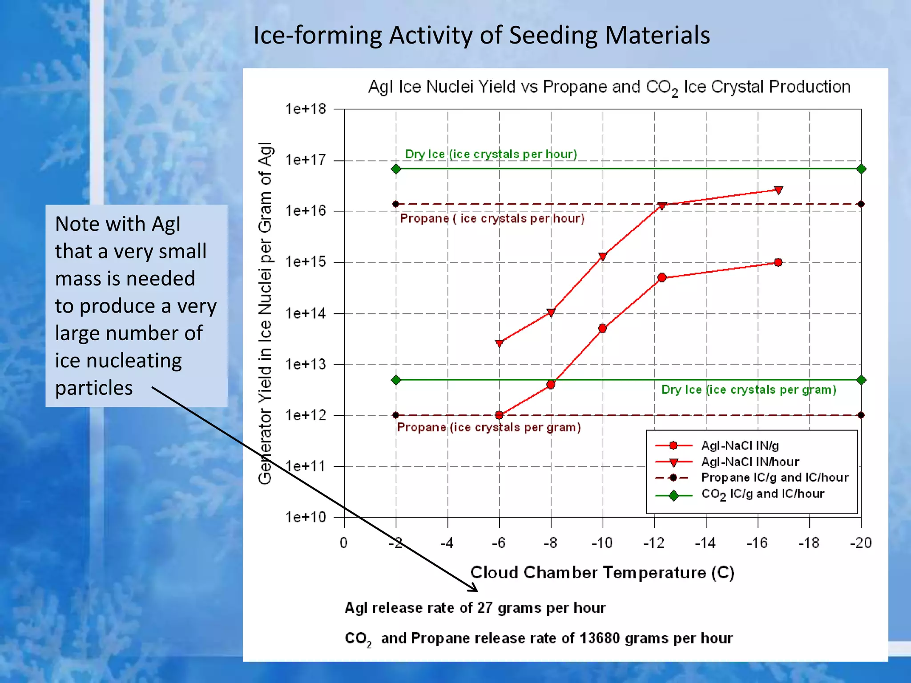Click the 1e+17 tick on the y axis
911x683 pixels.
tap(306, 160)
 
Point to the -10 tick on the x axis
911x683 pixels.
tap(602, 543)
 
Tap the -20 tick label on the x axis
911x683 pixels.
tap(861, 543)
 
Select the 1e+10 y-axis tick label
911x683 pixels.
tap(306, 517)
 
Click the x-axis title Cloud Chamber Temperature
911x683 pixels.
tap(602, 573)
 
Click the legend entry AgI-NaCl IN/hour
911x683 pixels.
tap(750, 462)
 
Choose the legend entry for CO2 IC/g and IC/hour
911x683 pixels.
tap(762, 494)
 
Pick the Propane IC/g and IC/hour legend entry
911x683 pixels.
tap(774, 478)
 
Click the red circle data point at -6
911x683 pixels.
tap(499, 415)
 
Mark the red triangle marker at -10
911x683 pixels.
tap(603, 256)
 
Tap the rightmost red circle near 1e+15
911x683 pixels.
tap(778, 262)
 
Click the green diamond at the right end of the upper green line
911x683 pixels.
tap(861, 169)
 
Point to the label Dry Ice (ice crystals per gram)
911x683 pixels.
tap(749, 390)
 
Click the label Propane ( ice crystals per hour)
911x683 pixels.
tap(492, 219)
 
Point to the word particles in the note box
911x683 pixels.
tap(94, 388)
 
